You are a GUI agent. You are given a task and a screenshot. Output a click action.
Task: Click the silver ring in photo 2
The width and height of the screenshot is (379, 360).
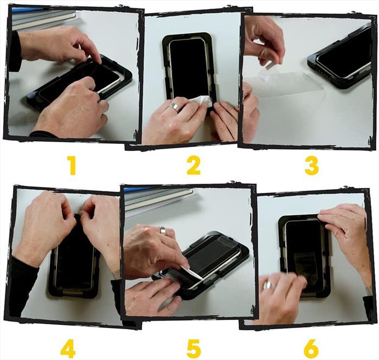click(175, 107)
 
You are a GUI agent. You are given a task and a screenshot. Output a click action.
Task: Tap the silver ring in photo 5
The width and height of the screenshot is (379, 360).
click(163, 230)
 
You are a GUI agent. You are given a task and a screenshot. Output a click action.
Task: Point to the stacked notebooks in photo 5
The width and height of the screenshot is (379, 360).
click(159, 197)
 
